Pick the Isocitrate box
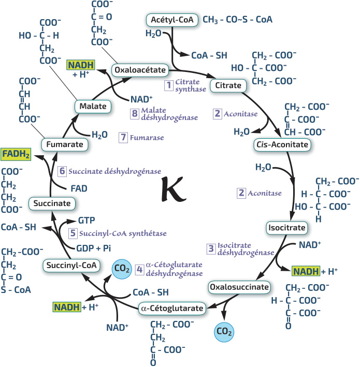pos(286,227)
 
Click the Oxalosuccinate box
pos(239,286)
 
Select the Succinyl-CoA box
pos(71,266)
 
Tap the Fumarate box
pos(64,144)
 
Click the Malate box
pos(93,107)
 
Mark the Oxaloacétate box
pos(140,69)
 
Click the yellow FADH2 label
pos(16,154)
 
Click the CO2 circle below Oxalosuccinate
pos(225,330)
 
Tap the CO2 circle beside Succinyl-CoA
pos(122,269)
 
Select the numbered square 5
pos(73,233)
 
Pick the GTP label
pos(86,220)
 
